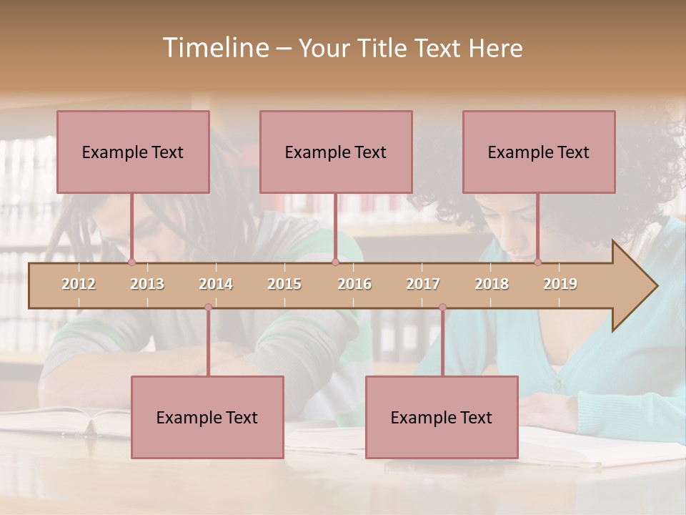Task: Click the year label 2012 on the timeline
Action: click(x=79, y=284)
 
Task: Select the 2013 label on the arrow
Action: click(x=147, y=284)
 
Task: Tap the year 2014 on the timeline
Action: click(x=216, y=284)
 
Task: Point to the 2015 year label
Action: click(x=284, y=284)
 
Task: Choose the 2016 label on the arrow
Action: click(x=354, y=284)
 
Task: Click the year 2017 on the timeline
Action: click(x=423, y=284)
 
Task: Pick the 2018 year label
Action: click(x=492, y=284)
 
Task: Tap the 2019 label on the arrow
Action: click(x=560, y=284)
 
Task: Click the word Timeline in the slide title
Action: click(x=215, y=47)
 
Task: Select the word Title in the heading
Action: click(x=384, y=48)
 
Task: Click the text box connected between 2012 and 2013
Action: click(x=133, y=152)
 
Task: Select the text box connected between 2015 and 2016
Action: click(x=336, y=152)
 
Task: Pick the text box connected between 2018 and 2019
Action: click(x=539, y=152)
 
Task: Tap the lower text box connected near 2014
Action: click(x=207, y=417)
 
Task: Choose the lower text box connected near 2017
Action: click(x=442, y=417)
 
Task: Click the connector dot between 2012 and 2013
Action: click(x=131, y=262)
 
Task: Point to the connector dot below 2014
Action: click(x=208, y=307)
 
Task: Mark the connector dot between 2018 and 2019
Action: click(x=537, y=262)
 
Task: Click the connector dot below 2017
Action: click(x=442, y=307)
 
